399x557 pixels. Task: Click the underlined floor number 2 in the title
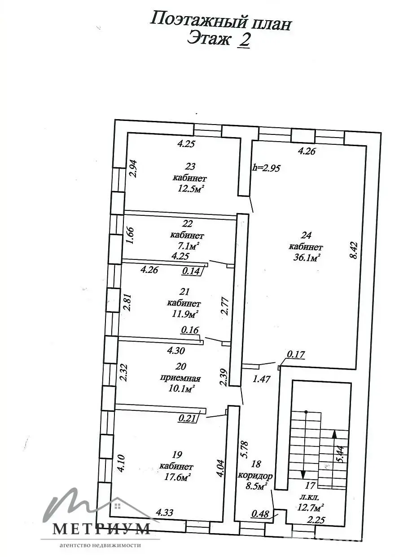tap(244, 40)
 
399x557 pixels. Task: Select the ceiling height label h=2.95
tap(266, 168)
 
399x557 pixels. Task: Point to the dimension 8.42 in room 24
tap(354, 251)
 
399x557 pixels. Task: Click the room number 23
tap(190, 166)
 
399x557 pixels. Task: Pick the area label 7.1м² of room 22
tap(188, 246)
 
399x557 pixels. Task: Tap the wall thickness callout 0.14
tap(191, 271)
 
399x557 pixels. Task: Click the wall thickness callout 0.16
tap(190, 330)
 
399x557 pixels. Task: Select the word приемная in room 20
tap(180, 379)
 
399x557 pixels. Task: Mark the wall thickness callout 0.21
tap(187, 419)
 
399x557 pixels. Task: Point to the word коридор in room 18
tap(255, 476)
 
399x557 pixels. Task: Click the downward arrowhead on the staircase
tap(303, 475)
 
